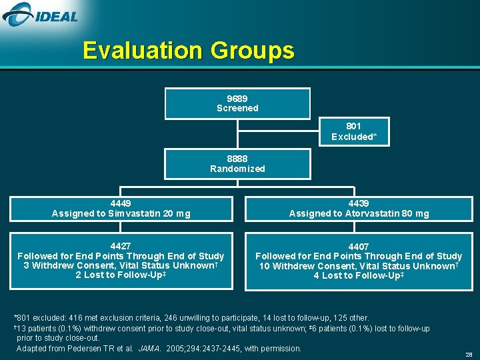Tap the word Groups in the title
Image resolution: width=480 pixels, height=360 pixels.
coord(253,51)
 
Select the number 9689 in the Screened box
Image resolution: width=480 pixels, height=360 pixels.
coord(237,98)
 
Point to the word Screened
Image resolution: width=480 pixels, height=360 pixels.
coord(237,108)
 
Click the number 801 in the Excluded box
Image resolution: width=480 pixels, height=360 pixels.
coord(354,126)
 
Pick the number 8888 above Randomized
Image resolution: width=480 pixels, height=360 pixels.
coord(237,159)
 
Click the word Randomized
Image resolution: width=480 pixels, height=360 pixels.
coord(237,169)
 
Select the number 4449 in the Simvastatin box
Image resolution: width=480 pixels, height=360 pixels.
coord(121,203)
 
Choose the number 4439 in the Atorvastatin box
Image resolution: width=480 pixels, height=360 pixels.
coord(359,203)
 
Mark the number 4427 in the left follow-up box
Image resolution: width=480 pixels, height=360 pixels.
coord(121,246)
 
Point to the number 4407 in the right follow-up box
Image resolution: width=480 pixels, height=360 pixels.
coord(359,247)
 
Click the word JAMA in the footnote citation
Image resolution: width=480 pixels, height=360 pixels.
coord(148,348)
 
